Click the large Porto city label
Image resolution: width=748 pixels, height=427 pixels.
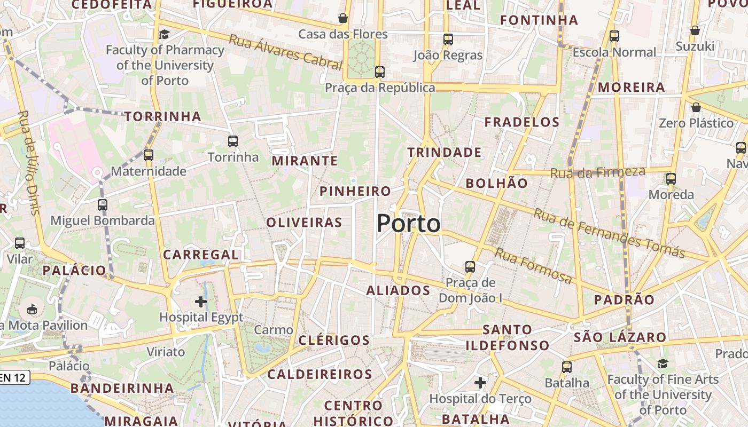(409, 223)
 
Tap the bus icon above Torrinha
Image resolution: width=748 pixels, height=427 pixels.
(232, 141)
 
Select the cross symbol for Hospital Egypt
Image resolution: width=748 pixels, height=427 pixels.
(201, 302)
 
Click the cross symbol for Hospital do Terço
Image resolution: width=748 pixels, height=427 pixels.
(480, 382)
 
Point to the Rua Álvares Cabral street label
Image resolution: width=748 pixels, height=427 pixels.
(285, 52)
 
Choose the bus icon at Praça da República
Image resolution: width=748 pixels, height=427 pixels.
(380, 72)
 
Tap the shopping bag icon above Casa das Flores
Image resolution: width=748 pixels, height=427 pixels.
(343, 18)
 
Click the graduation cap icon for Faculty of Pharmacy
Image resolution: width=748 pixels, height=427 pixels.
(164, 34)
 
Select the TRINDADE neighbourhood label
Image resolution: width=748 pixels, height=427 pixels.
(445, 153)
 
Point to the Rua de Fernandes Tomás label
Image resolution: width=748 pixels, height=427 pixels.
(609, 233)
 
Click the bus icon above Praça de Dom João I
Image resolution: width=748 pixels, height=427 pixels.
(470, 266)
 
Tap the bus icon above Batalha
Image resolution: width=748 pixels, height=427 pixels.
(566, 367)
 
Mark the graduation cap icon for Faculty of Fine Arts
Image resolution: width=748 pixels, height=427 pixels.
(663, 363)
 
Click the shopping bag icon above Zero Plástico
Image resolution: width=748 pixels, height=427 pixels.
(696, 107)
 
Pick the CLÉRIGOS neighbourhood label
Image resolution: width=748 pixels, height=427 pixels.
(334, 340)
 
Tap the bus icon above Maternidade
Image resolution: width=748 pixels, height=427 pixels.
(149, 155)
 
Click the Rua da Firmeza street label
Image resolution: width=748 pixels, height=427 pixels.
(597, 172)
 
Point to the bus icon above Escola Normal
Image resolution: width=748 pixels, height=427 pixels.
(614, 36)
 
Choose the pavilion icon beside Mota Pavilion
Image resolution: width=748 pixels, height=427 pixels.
(32, 309)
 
